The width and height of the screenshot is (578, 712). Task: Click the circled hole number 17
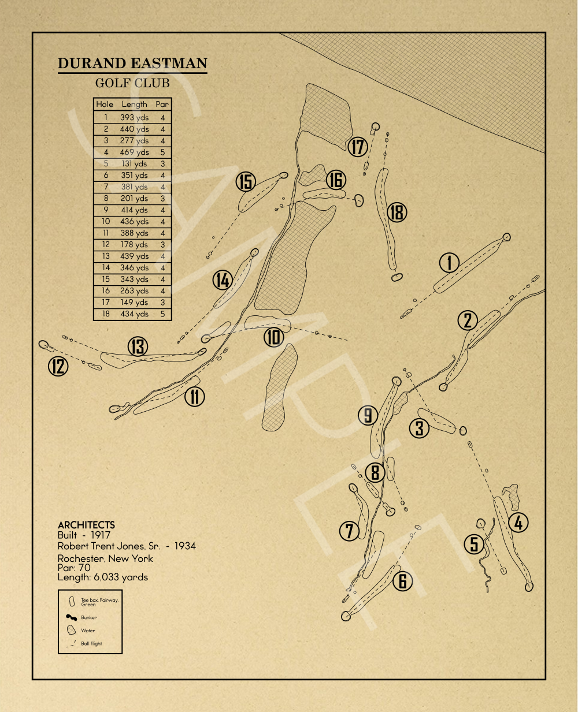358,147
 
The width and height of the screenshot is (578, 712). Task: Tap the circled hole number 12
58,366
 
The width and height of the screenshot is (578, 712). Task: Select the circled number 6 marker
403,581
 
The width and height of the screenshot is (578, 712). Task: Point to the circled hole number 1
449,263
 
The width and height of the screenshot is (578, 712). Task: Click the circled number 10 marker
273,337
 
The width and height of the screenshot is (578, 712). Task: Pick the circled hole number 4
518,523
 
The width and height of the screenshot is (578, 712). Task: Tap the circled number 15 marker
246,182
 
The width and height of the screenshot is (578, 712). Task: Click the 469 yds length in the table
134,152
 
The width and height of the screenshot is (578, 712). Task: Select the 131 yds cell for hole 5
134,164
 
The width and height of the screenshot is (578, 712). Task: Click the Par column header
162,105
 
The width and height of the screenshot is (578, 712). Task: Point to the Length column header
134,105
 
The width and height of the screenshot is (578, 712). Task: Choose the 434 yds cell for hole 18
134,314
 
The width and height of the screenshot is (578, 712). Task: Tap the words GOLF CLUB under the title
132,83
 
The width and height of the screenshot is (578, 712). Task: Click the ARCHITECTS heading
86,525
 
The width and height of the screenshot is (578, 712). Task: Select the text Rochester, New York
105,558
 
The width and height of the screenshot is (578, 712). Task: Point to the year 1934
184,546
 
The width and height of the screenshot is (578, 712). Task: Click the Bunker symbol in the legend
72,617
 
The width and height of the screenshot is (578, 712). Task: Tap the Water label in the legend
88,631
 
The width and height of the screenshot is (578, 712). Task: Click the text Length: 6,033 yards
103,577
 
